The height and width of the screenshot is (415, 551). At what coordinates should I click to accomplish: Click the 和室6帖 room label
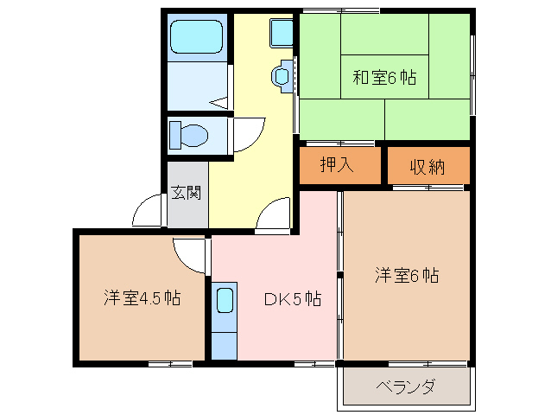(383, 78)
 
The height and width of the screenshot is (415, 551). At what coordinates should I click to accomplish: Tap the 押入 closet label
(337, 164)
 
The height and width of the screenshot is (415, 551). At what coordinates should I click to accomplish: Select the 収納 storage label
(427, 166)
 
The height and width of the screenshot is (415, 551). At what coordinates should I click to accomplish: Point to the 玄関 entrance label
(185, 192)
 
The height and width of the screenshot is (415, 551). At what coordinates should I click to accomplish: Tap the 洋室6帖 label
(407, 276)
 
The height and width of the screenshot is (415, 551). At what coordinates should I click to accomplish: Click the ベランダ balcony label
(405, 386)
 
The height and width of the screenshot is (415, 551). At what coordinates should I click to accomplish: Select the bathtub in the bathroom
(196, 36)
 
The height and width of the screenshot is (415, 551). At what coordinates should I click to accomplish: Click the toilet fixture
(189, 136)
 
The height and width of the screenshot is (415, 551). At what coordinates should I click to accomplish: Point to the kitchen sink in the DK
(224, 301)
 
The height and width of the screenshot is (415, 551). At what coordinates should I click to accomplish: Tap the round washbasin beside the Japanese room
(282, 76)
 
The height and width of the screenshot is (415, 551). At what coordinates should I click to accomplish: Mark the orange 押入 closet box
(339, 166)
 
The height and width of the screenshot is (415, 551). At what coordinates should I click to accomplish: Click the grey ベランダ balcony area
(405, 386)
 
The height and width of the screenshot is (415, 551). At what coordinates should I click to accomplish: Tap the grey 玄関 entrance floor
(187, 207)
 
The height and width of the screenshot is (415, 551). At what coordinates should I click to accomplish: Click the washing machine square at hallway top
(281, 33)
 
